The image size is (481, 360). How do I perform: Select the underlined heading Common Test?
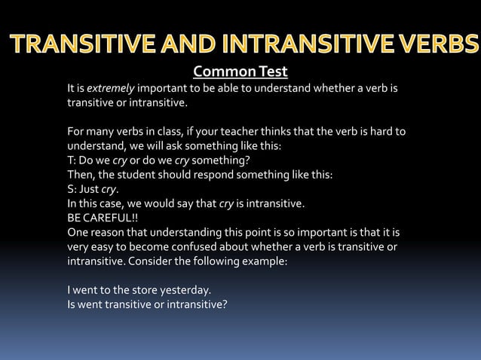point(240,72)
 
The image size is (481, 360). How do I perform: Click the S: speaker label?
point(72,188)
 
